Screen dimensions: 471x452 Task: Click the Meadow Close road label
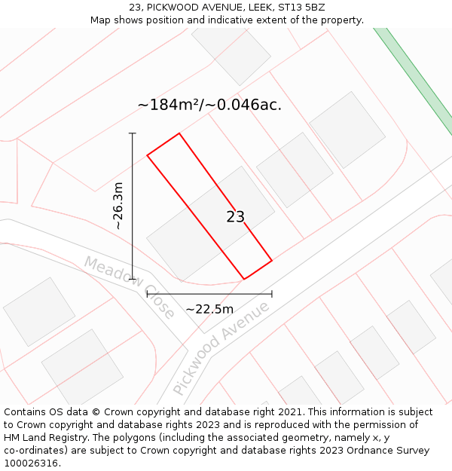coord(129,287)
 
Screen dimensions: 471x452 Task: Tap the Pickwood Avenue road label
coord(221,348)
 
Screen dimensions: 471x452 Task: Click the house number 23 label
coord(235,217)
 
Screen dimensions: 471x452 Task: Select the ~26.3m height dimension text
coord(118,206)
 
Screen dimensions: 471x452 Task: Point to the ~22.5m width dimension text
coord(209,309)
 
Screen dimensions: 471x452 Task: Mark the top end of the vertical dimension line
coord(133,133)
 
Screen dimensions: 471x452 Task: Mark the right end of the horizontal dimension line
coord(272,294)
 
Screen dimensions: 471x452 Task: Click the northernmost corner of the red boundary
coord(179,133)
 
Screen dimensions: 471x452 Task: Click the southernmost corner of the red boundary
coord(243,279)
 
